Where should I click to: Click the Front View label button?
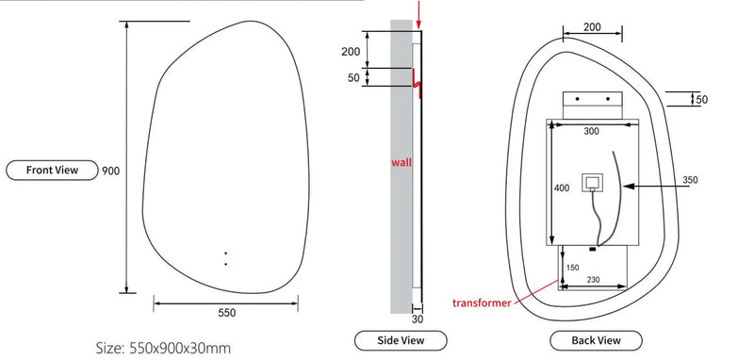click(54, 171)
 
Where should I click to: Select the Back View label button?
click(596, 339)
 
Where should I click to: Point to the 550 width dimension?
click(226, 313)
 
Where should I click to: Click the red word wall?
click(402, 162)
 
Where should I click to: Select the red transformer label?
click(481, 303)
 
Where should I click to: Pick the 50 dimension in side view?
click(353, 77)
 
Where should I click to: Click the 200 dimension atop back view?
click(592, 27)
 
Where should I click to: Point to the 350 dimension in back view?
click(690, 180)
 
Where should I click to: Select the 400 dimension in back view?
click(563, 188)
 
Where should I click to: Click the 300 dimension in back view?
click(591, 133)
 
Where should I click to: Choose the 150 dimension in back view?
click(573, 268)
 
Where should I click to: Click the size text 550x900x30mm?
click(164, 348)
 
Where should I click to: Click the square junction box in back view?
click(592, 181)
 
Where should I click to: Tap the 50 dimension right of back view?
click(701, 98)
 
